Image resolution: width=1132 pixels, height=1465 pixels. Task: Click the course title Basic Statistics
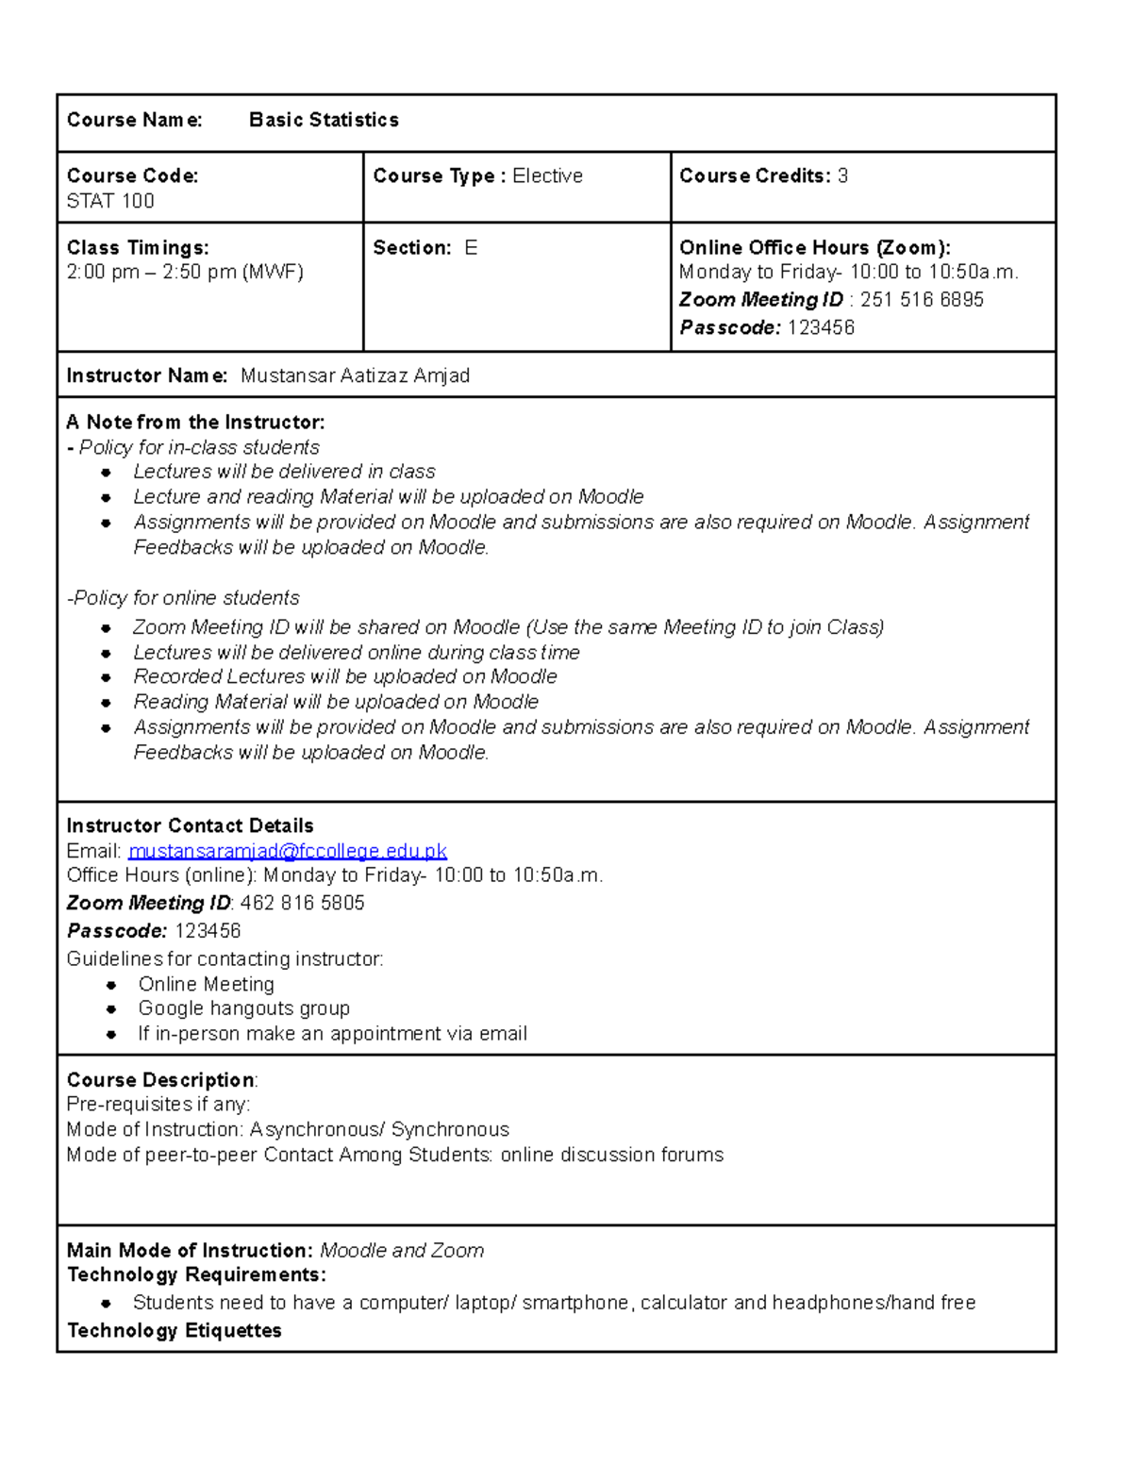324,120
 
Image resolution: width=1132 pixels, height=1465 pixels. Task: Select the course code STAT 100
110,201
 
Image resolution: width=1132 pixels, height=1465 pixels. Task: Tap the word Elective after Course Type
547,176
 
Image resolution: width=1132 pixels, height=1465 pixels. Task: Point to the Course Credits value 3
842,176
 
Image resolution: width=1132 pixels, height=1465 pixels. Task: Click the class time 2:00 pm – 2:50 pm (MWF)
185,273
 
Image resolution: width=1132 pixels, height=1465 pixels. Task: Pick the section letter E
471,248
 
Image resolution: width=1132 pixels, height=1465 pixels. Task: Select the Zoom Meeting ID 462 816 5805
302,903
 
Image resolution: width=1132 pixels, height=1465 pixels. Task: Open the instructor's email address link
288,851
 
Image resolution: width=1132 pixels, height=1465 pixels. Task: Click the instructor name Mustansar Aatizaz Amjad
355,375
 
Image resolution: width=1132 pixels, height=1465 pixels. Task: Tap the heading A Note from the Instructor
195,422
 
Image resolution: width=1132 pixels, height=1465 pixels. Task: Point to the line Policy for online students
184,598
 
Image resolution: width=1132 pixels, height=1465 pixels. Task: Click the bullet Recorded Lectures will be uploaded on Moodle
345,676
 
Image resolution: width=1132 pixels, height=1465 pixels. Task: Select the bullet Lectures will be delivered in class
284,472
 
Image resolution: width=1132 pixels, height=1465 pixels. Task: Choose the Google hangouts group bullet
243,1008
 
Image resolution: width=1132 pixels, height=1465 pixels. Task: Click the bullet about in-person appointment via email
332,1034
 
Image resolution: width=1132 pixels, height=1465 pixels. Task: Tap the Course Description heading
160,1080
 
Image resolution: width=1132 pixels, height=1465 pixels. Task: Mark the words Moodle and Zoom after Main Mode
402,1251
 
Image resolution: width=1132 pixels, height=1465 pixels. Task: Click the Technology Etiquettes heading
175,1331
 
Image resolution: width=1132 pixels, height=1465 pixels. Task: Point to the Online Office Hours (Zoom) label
814,248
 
